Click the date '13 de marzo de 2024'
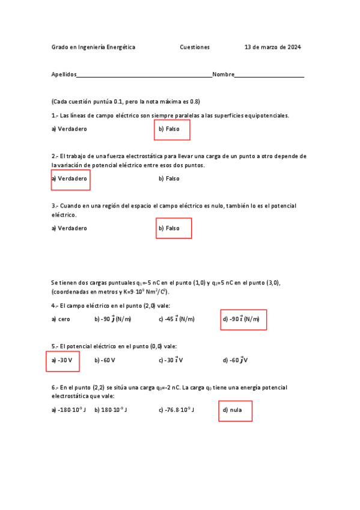pyautogui.click(x=273, y=47)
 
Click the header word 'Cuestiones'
pyautogui.click(x=195, y=47)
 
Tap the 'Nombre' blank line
pyautogui.click(x=269, y=75)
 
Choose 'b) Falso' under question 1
pyautogui.click(x=171, y=129)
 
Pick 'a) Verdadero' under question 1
pyautogui.click(x=69, y=129)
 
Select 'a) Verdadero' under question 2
pyautogui.click(x=70, y=179)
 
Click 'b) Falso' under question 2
pyautogui.click(x=169, y=179)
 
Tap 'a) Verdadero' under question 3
pyautogui.click(x=69, y=229)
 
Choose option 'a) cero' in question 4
pyautogui.click(x=61, y=319)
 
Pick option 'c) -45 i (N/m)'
pyautogui.click(x=177, y=319)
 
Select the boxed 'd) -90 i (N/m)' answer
pyautogui.click(x=243, y=319)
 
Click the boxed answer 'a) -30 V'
pyautogui.click(x=63, y=361)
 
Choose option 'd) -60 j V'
pyautogui.click(x=235, y=361)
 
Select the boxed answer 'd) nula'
pyautogui.click(x=234, y=411)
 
